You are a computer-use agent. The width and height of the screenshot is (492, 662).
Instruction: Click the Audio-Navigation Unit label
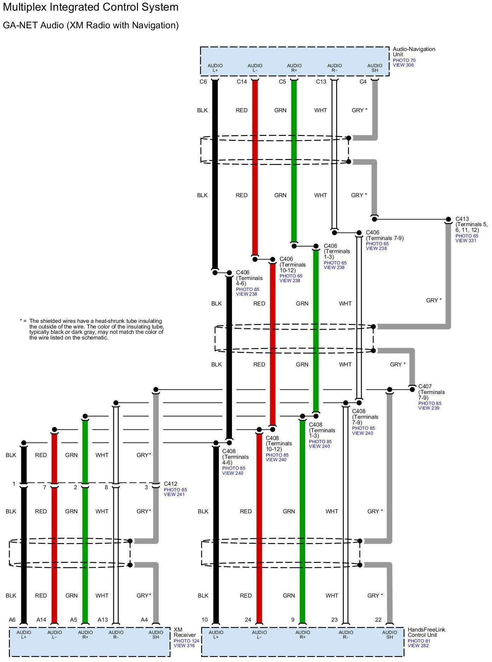click(x=413, y=52)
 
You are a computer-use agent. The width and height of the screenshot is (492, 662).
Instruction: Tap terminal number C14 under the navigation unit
click(x=242, y=82)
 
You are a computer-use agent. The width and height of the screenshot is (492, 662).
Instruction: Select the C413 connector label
click(x=462, y=219)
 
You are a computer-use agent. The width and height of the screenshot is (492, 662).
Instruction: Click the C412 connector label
click(x=170, y=484)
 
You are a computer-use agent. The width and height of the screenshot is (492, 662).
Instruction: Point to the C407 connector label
click(x=425, y=387)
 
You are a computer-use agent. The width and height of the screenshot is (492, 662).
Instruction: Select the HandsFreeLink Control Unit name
click(x=426, y=632)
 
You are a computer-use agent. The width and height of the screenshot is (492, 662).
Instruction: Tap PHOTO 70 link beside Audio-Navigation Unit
click(x=404, y=61)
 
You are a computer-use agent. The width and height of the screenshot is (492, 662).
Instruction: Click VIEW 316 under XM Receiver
click(x=184, y=645)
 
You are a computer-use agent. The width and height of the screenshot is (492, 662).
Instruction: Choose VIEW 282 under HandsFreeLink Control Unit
click(x=418, y=645)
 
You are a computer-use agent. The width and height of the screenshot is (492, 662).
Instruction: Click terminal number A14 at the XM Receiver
click(x=41, y=620)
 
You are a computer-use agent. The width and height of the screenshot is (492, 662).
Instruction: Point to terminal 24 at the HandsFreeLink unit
click(x=248, y=620)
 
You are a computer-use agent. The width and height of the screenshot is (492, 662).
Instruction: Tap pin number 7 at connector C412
click(x=45, y=487)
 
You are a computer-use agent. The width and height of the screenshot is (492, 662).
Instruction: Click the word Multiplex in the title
click(x=25, y=7)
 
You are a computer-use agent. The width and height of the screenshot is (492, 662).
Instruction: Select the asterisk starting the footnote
click(x=21, y=321)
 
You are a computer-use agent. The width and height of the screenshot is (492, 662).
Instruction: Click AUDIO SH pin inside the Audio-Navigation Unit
click(x=374, y=68)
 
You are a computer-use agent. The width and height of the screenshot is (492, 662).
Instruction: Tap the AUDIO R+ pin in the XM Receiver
click(x=85, y=635)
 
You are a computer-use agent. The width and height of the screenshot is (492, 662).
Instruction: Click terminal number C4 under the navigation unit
click(x=363, y=82)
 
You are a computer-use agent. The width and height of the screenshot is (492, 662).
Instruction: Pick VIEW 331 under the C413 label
click(x=465, y=241)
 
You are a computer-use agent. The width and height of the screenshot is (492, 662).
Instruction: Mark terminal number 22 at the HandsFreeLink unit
click(x=378, y=620)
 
